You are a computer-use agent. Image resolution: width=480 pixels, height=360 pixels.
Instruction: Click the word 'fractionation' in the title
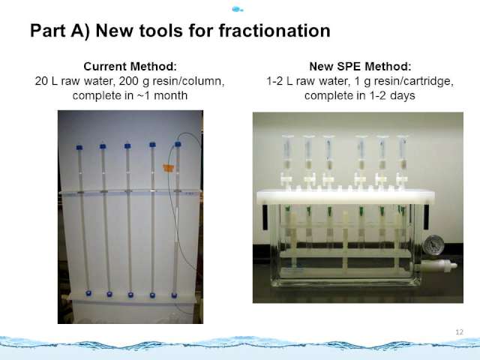coord(274,31)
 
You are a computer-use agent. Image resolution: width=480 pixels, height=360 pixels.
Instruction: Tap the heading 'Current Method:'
coord(130,67)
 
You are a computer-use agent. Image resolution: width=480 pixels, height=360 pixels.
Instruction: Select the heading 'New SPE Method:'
coord(360,67)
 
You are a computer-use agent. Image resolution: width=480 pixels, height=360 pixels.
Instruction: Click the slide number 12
coord(459,332)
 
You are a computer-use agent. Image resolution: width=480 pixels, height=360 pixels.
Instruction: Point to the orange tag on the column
coord(168,167)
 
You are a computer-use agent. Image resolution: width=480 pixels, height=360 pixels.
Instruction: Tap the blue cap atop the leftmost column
coord(79,147)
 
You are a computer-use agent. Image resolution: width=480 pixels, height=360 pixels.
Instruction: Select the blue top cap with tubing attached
coord(178,144)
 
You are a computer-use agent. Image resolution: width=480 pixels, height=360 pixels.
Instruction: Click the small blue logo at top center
coord(237,10)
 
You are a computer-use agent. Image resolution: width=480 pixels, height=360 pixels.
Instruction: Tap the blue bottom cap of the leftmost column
coord(88,293)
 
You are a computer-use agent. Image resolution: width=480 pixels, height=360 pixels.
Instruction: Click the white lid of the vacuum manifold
coord(345,196)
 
